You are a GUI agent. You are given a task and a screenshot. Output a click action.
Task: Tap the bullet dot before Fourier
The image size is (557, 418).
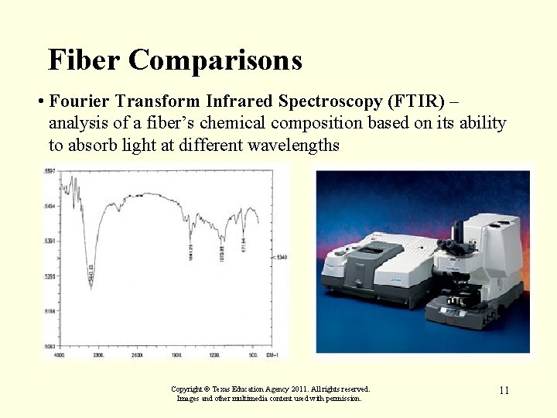tap(39, 102)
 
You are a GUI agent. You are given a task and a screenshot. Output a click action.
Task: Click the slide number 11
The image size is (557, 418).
tap(504, 390)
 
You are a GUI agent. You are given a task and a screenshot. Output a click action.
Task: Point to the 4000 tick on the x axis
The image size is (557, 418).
tap(58, 355)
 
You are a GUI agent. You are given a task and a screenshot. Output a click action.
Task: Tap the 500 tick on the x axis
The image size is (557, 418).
tap(253, 355)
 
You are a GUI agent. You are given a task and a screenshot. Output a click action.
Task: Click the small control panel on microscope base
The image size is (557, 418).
tap(451, 311)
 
